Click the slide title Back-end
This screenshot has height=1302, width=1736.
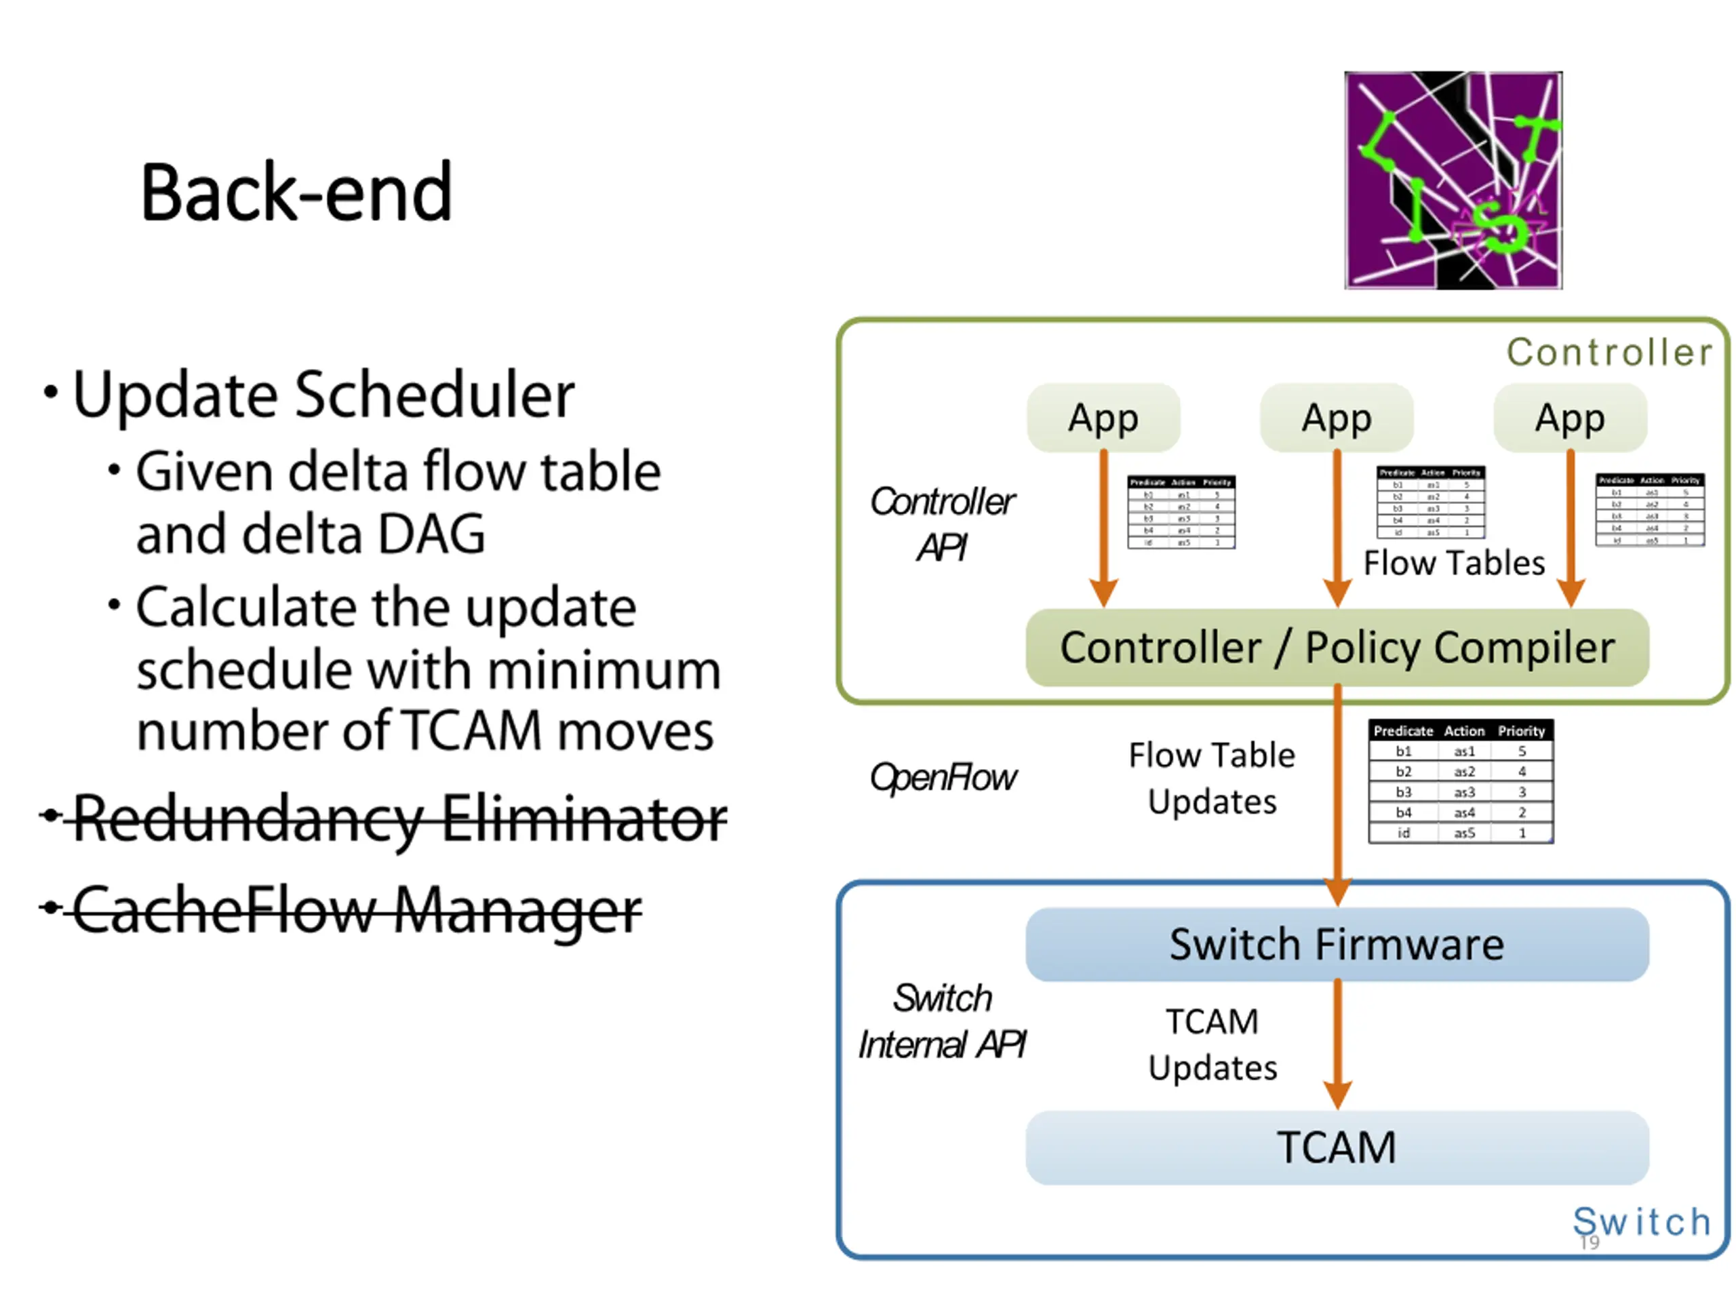click(296, 193)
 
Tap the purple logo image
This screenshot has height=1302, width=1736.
click(1453, 180)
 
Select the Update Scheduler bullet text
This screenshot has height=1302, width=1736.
click(323, 394)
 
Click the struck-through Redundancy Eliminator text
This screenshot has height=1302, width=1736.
click(399, 818)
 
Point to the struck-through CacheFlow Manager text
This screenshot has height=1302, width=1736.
click(357, 910)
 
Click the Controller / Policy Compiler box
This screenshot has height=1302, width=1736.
click(1337, 648)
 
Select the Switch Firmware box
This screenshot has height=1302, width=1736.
click(1337, 944)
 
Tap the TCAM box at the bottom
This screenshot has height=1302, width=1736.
click(1337, 1147)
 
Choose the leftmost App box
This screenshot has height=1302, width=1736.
click(1103, 418)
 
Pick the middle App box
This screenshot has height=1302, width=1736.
click(1337, 418)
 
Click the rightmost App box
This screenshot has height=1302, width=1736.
click(1570, 418)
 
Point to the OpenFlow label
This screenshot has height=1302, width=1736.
click(943, 778)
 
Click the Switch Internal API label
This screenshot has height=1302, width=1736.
click(942, 1022)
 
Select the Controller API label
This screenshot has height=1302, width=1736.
click(942, 524)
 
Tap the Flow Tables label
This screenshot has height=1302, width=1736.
click(1453, 564)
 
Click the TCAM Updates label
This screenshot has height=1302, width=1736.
click(1212, 1044)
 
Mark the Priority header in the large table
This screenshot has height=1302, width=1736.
click(1521, 730)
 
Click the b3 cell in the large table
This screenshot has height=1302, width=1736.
click(1403, 792)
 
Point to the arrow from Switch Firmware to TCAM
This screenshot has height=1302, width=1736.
click(1337, 1044)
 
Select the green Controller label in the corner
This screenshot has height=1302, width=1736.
click(1609, 353)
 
